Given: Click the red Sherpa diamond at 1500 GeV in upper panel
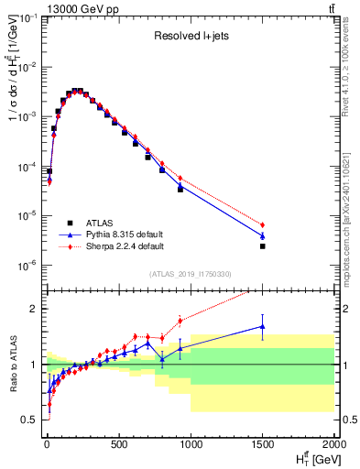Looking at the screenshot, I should [263, 224].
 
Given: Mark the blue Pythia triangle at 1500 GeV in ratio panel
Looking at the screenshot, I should [263, 326].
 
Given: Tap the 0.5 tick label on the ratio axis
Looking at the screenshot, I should [29, 420].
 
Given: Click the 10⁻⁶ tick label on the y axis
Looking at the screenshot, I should [27, 266].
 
